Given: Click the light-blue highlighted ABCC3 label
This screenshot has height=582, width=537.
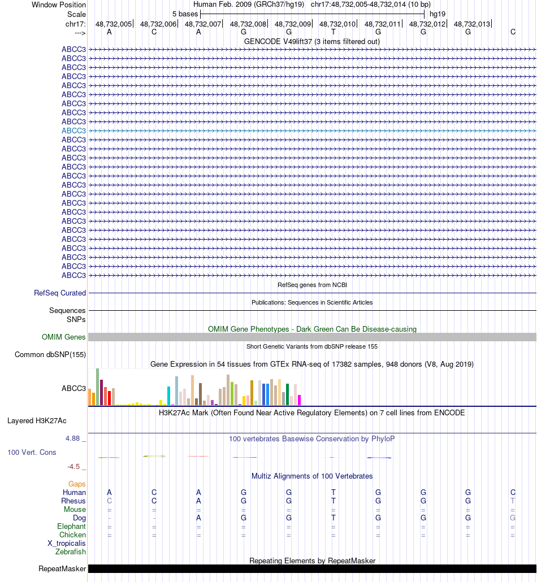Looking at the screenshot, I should click(x=74, y=131).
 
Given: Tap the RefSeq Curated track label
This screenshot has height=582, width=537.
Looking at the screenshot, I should click(x=60, y=293).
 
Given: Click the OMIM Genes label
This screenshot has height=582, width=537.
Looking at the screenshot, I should click(x=64, y=337).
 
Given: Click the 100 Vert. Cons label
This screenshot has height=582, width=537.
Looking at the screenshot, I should click(x=32, y=453).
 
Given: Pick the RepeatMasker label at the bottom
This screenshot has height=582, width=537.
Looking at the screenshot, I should click(x=62, y=568).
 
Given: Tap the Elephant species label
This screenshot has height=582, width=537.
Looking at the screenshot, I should click(x=71, y=526).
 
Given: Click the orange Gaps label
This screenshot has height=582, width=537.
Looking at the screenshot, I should click(x=77, y=484).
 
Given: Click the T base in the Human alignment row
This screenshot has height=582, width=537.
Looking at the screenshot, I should click(x=334, y=493).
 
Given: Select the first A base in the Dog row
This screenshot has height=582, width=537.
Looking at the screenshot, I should click(x=198, y=518).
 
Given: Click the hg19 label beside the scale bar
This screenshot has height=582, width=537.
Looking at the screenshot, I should click(x=438, y=13).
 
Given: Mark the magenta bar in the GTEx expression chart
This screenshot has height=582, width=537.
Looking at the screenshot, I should click(x=299, y=399).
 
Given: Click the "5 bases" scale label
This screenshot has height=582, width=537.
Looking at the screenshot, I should click(x=185, y=13).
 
